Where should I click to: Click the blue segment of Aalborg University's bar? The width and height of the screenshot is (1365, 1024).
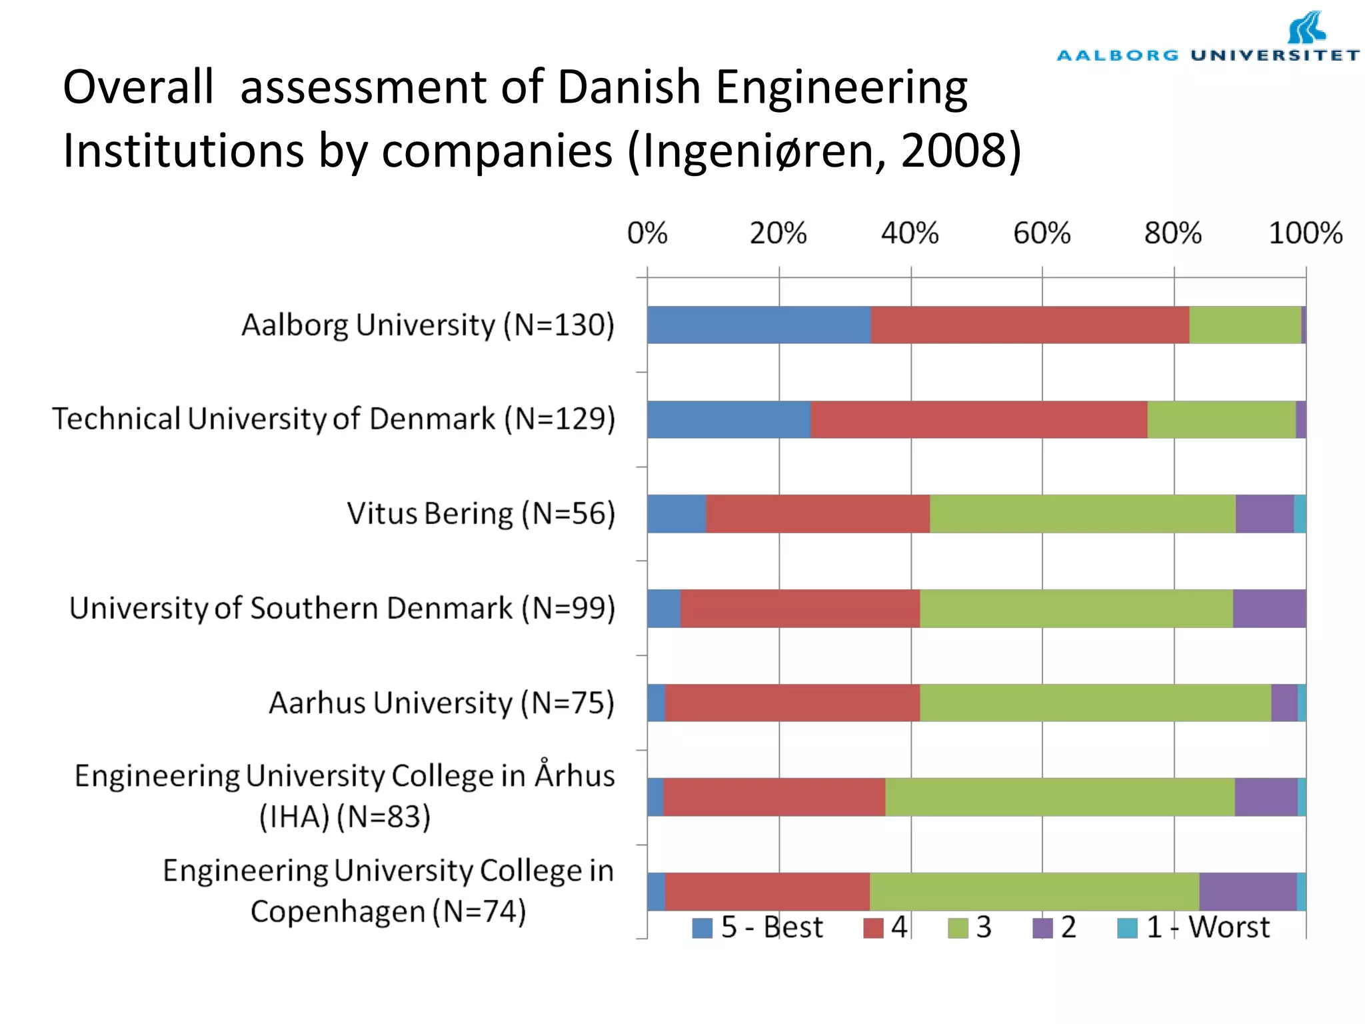coord(758,325)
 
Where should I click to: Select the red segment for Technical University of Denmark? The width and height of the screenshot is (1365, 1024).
coord(978,419)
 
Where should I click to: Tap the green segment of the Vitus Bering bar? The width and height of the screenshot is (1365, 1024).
coord(1082,513)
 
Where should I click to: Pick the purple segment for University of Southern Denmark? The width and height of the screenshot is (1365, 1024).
coord(1269,608)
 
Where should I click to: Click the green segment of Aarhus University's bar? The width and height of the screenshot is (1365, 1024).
coord(1095,703)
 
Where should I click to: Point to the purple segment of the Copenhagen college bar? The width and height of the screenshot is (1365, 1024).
coord(1248,891)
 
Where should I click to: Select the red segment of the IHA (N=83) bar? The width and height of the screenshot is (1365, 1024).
coord(774,797)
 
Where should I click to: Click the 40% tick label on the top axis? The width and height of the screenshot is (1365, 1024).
coord(910,233)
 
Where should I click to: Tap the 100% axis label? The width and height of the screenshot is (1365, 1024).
coord(1305,233)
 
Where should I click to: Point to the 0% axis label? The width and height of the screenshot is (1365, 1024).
coord(647,233)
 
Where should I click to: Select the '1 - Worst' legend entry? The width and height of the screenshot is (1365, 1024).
coord(1194,927)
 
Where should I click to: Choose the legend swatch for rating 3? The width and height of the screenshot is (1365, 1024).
coord(958,928)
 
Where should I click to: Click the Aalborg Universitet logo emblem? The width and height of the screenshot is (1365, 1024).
coord(1306,28)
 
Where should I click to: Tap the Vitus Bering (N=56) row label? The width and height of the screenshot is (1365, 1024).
coord(481,513)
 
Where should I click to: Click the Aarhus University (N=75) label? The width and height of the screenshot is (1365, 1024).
coord(441,703)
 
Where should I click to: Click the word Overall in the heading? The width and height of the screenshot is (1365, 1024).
coord(139,87)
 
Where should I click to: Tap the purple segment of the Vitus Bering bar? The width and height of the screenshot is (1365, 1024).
coord(1264,513)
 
